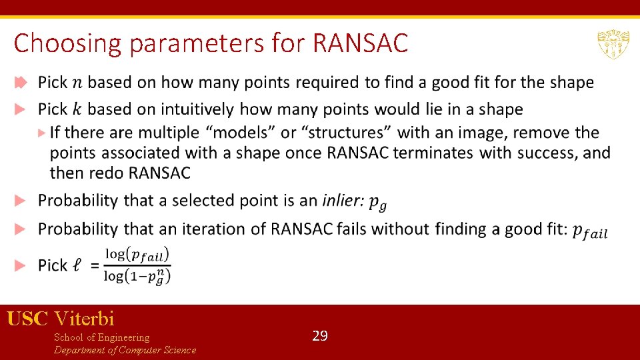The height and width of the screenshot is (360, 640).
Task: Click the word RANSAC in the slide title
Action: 359,44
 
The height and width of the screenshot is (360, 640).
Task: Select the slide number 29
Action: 320,336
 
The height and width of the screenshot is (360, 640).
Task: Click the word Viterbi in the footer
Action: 85,319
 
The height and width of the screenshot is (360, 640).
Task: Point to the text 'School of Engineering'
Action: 101,337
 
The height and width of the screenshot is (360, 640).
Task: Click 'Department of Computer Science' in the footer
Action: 125,350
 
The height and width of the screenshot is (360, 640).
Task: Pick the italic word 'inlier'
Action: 343,200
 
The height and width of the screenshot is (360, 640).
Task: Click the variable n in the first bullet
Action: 78,83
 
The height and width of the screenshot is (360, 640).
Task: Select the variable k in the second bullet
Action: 78,109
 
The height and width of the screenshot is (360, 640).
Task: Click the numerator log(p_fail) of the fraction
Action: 137,255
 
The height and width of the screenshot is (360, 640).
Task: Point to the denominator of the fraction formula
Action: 137,275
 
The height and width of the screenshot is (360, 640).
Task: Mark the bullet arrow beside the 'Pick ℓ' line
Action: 21,265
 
